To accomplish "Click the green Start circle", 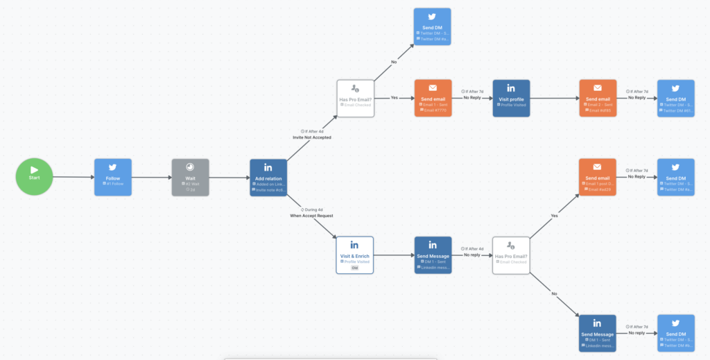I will point(34,177).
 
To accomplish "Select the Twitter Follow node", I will point(112,177).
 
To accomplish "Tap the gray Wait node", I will point(190,177).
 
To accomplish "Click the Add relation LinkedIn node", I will point(268,177).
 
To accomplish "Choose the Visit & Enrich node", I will point(354,255).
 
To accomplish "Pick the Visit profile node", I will point(511,98).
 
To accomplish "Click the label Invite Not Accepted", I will point(311,137).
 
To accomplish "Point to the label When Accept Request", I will point(311,216).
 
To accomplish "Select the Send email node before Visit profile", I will point(433,98).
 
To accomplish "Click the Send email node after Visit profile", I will point(597,98).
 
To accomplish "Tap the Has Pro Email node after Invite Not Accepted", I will point(355,98).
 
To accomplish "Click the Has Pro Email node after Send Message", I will point(510,255).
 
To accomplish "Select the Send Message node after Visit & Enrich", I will point(433,255).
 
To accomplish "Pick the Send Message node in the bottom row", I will point(597,333).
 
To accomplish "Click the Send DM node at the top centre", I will point(432,26).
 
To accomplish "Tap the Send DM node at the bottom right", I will point(675,333).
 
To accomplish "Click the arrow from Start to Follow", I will point(73,177).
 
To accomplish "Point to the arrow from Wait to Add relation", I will point(229,177).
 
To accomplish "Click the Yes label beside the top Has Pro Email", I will point(394,98).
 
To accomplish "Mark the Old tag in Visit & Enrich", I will point(354,267).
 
